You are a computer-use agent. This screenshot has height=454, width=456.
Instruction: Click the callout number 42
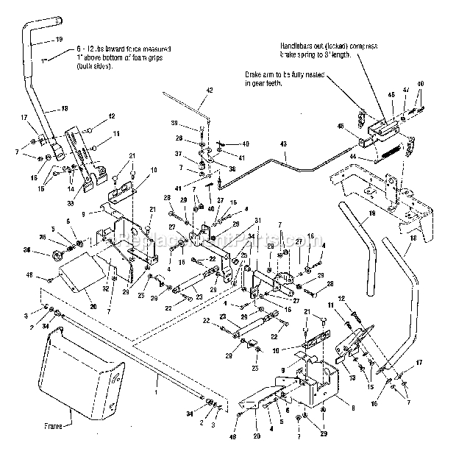click(210, 90)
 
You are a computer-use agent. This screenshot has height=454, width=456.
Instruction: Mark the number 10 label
click(153, 170)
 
